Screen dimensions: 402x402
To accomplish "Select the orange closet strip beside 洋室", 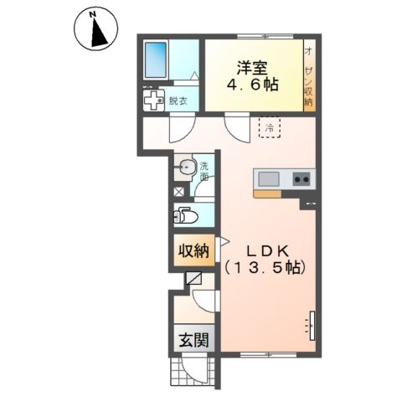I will coord(308,75).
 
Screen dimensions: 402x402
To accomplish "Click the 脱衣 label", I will coord(177,101).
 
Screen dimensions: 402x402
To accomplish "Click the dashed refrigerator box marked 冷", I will coord(270,128).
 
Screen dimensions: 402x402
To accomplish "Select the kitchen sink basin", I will coord(270,178).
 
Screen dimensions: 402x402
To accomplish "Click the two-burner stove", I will coord(301,178).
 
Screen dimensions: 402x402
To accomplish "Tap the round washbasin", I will coord(187,168).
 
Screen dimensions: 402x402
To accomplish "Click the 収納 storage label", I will coord(191,251).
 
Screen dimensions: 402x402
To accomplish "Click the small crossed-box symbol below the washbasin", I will coord(178,190).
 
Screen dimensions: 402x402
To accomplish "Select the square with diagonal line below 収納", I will coord(194,277).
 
